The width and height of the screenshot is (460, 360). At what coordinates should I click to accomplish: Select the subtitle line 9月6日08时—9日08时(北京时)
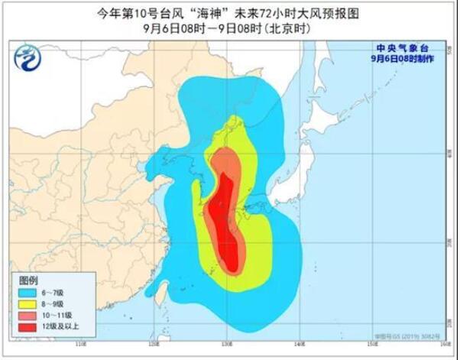(229, 30)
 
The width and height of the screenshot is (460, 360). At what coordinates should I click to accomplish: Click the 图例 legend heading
(28, 281)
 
